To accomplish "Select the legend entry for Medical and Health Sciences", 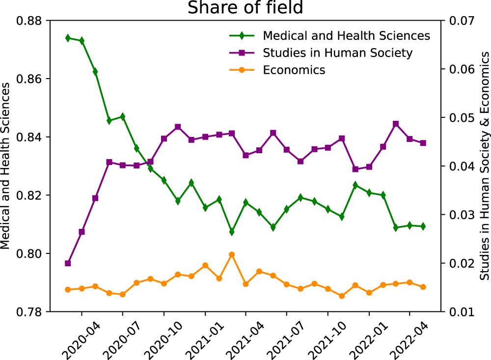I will click(346, 36).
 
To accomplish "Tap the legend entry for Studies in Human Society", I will click(337, 53).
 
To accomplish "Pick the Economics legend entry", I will click(294, 70).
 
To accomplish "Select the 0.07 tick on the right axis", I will click(458, 21).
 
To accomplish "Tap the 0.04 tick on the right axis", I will click(458, 166).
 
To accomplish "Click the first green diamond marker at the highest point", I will click(68, 38).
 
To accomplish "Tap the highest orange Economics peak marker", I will click(232, 254).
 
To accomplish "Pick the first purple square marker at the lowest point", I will click(68, 263).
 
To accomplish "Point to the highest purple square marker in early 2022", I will click(396, 124).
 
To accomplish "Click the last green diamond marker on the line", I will click(423, 226).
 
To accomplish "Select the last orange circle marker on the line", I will click(423, 287).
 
